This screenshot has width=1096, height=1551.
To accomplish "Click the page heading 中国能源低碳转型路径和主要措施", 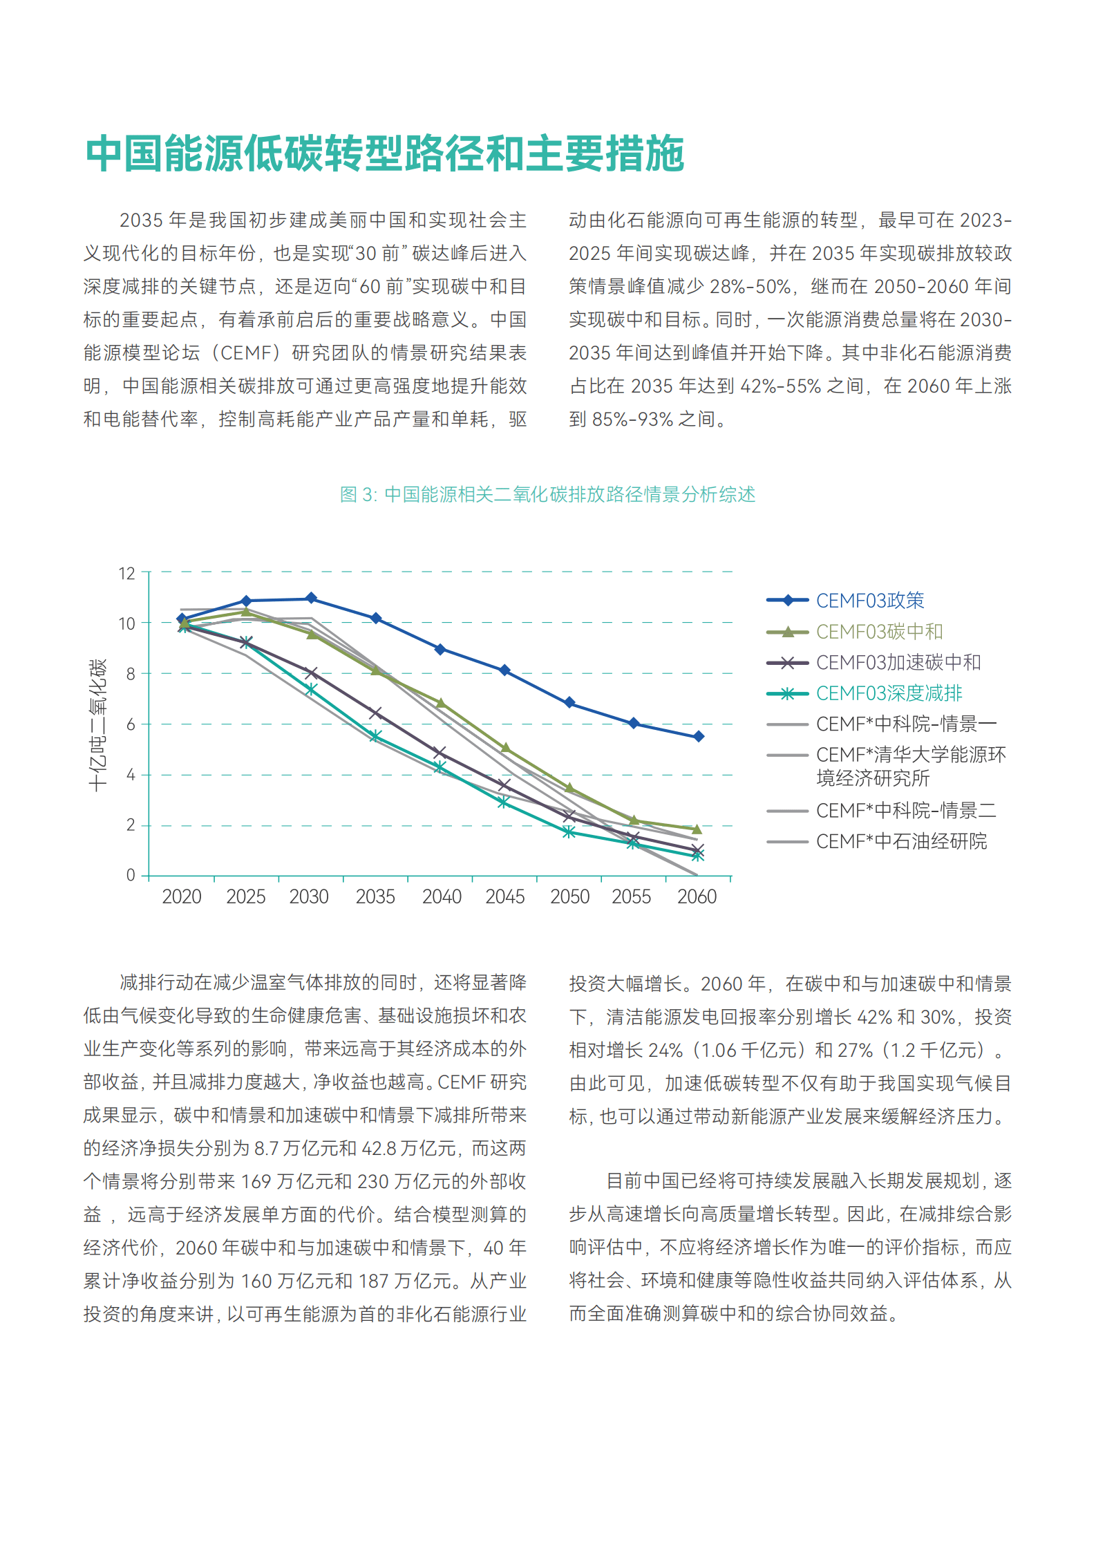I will (x=384, y=153).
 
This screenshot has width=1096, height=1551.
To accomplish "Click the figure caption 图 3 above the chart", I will (x=547, y=494).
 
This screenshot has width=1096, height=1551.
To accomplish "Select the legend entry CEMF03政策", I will (x=869, y=600).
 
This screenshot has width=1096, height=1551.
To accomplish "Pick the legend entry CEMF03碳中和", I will (x=879, y=631).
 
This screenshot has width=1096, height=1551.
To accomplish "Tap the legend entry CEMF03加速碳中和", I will (x=898, y=662).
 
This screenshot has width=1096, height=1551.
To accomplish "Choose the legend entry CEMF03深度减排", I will (x=889, y=693).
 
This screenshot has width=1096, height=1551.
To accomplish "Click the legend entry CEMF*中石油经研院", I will (x=901, y=841).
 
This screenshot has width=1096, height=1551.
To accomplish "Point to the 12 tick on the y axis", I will (x=127, y=573).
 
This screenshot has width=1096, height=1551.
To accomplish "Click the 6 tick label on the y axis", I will (x=131, y=724).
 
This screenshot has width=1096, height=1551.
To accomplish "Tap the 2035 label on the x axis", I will (x=375, y=896).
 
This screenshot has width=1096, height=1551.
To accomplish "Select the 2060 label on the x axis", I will (x=697, y=896).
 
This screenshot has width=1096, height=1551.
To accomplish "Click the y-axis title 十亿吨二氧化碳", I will (x=98, y=724).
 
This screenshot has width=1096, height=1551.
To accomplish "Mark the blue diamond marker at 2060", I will (x=699, y=737).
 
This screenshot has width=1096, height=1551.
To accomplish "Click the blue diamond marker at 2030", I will (x=311, y=598).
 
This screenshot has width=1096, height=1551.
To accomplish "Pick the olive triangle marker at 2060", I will (x=697, y=829).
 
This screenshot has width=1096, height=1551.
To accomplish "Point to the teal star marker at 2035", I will (x=375, y=737).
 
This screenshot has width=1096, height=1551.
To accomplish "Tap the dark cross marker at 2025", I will (x=246, y=643).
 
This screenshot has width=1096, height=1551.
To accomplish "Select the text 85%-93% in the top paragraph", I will (x=632, y=420).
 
